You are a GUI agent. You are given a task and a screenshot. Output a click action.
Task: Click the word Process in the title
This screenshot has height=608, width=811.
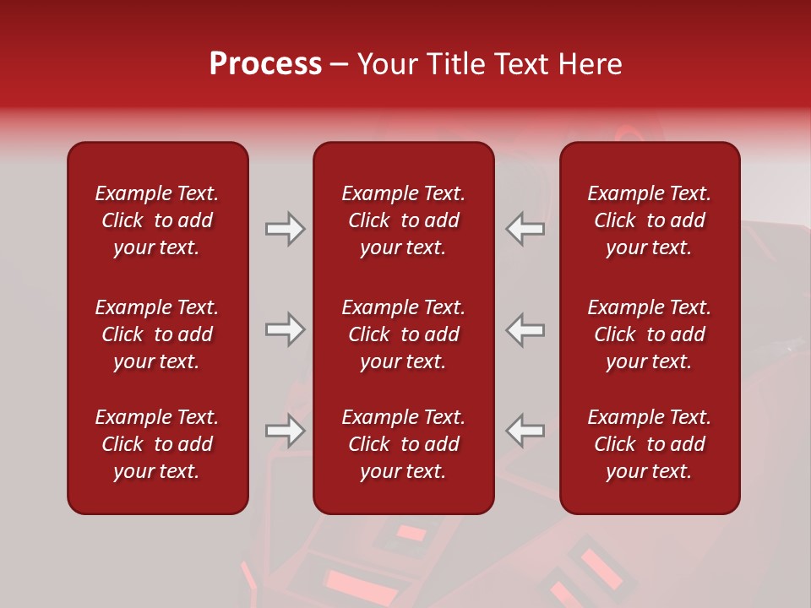click(x=265, y=64)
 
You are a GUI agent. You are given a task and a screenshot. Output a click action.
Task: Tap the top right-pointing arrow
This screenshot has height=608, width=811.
click(x=285, y=229)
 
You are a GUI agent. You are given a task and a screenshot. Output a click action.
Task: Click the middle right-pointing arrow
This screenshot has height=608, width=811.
click(x=285, y=329)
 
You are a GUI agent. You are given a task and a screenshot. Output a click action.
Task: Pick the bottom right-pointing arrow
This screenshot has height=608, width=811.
click(x=285, y=431)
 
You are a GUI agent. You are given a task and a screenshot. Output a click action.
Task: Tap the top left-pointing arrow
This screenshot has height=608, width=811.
click(x=525, y=229)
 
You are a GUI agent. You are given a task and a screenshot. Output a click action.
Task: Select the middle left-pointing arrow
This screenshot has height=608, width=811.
click(x=525, y=329)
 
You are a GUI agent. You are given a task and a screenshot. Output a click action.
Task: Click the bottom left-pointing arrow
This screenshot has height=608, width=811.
click(x=525, y=431)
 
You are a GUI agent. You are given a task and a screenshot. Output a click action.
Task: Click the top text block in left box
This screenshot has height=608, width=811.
click(x=157, y=220)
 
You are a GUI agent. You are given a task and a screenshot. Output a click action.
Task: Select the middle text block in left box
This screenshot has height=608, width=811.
click(x=157, y=334)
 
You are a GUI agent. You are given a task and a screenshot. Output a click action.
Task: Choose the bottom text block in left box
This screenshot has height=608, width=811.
click(x=157, y=444)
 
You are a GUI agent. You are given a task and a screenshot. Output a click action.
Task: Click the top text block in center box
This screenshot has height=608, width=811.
click(x=403, y=220)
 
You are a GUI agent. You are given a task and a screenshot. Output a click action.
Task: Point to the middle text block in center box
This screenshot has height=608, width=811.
click(x=403, y=334)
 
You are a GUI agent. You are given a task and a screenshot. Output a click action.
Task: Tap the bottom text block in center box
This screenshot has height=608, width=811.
click(x=403, y=444)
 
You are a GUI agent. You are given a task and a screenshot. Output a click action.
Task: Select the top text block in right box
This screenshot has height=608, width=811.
click(x=649, y=220)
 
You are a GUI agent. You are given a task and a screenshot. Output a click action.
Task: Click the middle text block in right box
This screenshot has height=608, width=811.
click(x=649, y=334)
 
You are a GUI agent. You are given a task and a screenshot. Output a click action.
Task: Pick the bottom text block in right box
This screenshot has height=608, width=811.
click(x=649, y=444)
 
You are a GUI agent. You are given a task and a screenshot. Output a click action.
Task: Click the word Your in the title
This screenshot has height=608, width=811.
click(x=386, y=64)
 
